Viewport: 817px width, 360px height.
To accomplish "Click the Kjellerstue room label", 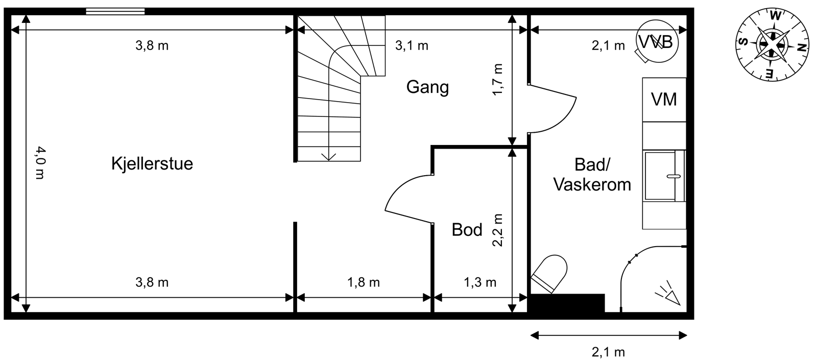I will point(152,164).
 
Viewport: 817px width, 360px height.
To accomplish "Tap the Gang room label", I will point(427,87).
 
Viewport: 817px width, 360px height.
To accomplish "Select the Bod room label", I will point(467,230).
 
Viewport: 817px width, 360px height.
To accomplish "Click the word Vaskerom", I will point(592,184).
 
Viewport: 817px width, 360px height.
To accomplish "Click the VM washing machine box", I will point(664,99).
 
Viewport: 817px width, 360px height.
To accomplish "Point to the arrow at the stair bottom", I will point(328,156).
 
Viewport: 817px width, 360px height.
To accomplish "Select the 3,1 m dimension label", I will point(412,45).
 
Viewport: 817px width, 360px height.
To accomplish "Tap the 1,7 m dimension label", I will point(498,79).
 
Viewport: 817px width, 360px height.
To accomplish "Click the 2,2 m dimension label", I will point(498,230).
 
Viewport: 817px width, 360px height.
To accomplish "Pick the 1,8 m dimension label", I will point(364,282).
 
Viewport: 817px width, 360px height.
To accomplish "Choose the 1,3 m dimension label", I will point(479,282).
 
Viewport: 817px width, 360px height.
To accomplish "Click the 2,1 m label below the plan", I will point(608,352).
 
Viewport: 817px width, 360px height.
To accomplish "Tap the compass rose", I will point(773,44).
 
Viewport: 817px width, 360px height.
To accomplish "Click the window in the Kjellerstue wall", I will point(115,11).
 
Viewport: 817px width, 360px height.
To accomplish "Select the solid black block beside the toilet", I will point(567,303).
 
